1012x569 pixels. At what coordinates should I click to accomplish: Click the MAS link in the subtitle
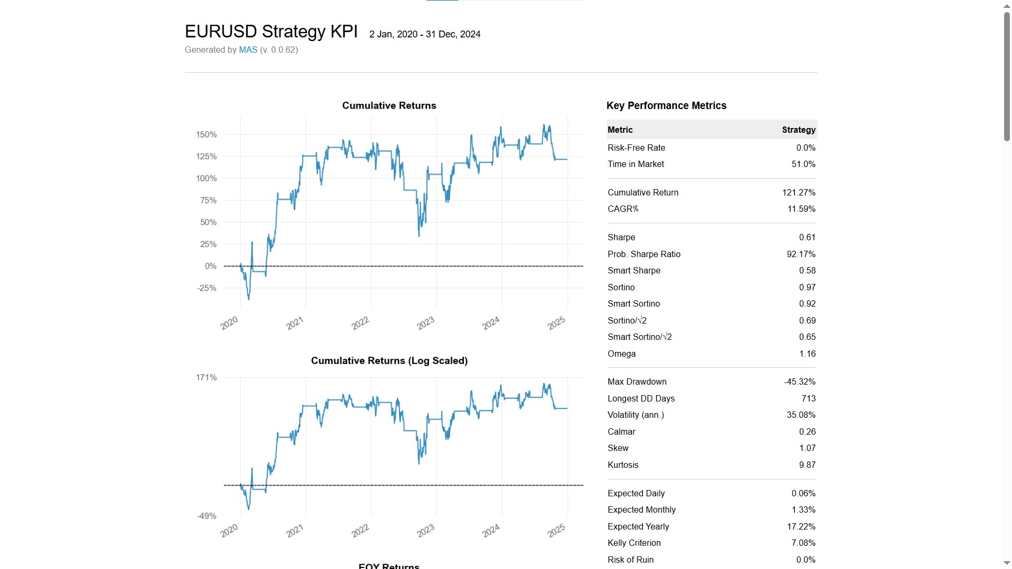(248, 50)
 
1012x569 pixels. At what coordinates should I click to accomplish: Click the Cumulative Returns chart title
(389, 105)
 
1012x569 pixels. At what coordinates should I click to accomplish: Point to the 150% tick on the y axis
(206, 135)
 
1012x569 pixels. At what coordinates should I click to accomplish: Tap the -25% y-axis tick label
(207, 288)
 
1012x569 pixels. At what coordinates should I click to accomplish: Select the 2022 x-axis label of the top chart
(361, 323)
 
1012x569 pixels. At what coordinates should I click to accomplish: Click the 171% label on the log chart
(206, 378)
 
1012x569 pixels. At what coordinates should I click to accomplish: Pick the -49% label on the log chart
(207, 516)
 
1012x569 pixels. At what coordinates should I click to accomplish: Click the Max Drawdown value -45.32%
(799, 382)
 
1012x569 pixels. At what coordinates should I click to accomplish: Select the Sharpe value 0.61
(806, 238)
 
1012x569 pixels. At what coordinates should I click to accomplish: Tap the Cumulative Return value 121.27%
(798, 193)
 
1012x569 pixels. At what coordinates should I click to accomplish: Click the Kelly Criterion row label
(634, 543)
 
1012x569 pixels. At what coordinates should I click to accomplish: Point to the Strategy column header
(798, 130)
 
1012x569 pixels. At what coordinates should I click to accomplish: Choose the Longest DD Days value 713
(808, 399)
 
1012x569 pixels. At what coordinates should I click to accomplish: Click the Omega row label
(621, 354)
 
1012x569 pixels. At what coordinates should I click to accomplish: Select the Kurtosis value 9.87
(806, 465)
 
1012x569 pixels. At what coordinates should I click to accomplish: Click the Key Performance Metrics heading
(666, 106)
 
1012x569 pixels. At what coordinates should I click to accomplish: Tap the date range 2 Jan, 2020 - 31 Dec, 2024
(424, 34)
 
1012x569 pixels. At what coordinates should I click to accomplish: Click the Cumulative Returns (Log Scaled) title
(389, 361)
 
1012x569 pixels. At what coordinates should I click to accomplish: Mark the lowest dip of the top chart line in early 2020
(248, 299)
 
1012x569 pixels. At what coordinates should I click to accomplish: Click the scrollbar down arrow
(1006, 563)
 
